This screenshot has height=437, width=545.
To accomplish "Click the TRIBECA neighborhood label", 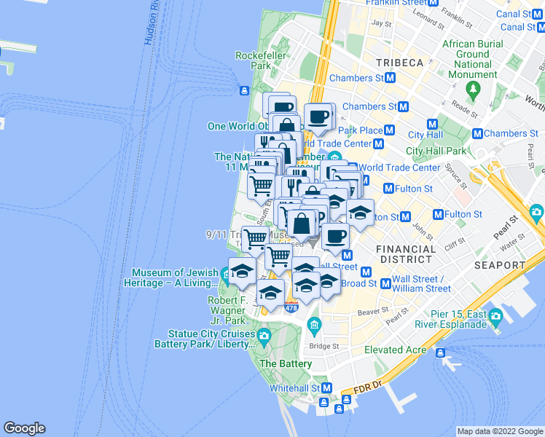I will (399, 63).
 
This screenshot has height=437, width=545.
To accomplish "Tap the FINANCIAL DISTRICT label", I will (406, 255).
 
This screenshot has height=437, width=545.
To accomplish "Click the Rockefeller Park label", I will (254, 60).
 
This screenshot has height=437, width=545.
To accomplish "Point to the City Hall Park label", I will (435, 151).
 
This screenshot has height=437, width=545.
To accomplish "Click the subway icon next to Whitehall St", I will (327, 389).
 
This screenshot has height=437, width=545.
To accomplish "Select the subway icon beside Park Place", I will (389, 130).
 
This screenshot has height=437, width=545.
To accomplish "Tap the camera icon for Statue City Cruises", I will (264, 335).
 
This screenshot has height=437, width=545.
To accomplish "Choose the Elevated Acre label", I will (396, 350).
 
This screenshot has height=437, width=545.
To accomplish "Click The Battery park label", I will (286, 363).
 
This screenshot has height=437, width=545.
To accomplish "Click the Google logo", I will (24, 428).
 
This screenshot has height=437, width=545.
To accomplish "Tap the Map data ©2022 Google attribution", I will (500, 431).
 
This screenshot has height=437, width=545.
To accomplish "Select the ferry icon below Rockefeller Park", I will (245, 90).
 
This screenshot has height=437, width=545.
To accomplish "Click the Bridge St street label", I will (324, 346).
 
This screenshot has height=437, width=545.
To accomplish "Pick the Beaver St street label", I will (372, 311).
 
